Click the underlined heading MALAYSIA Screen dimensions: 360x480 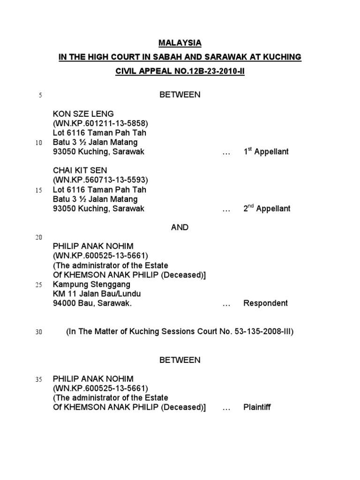[x=180, y=43]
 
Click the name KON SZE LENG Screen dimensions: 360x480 [x=83, y=114]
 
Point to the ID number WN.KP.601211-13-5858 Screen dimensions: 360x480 [x=100, y=123]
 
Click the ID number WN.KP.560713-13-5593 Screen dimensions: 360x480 [x=100, y=180]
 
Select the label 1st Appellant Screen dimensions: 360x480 [x=266, y=151]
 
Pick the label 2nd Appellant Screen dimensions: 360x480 [x=267, y=209]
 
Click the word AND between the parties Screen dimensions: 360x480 [x=180, y=227]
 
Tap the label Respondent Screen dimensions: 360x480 [x=265, y=303]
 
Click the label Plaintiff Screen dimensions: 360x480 [x=257, y=407]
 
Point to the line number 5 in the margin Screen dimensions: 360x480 [x=40, y=96]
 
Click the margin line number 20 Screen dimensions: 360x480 [x=38, y=238]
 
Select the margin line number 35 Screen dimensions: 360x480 [x=38, y=379]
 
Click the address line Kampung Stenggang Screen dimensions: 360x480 [x=91, y=285]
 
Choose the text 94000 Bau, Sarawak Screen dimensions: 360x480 [x=92, y=303]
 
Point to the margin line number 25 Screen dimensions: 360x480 [x=38, y=285]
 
